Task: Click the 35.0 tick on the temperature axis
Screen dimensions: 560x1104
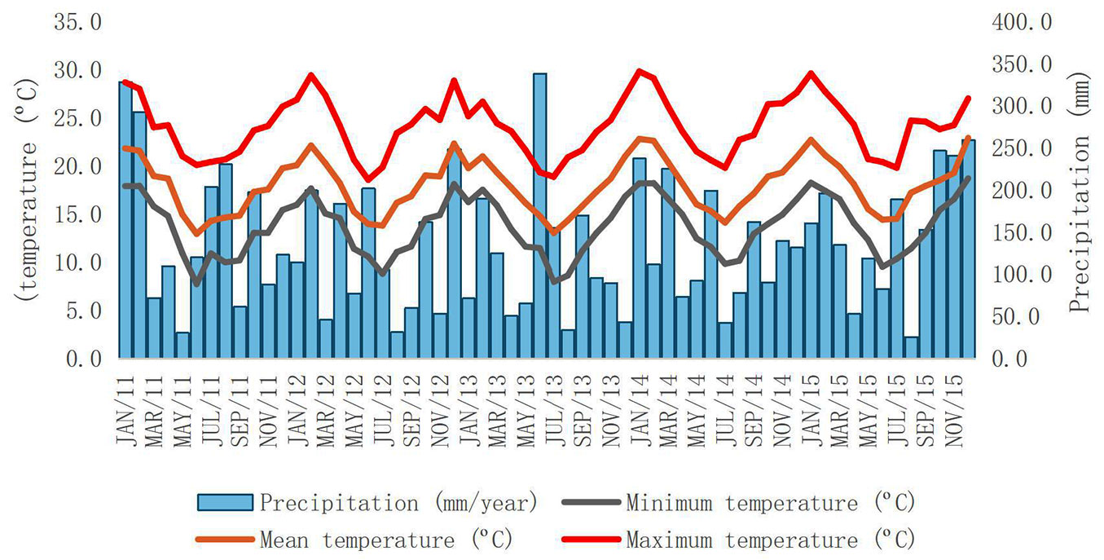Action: (78, 22)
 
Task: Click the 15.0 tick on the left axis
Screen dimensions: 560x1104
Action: (78, 214)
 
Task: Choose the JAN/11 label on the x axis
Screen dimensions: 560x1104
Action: (126, 408)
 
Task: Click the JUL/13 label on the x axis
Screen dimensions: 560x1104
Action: (555, 408)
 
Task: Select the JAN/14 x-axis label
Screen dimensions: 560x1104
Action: (640, 408)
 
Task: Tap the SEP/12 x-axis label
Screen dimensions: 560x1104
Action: (411, 408)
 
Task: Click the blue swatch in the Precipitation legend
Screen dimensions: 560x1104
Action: (225, 502)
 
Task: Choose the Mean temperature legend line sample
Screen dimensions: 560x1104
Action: (225, 540)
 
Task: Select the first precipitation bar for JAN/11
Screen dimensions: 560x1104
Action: (125, 220)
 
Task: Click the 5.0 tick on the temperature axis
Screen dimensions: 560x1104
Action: (78, 311)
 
